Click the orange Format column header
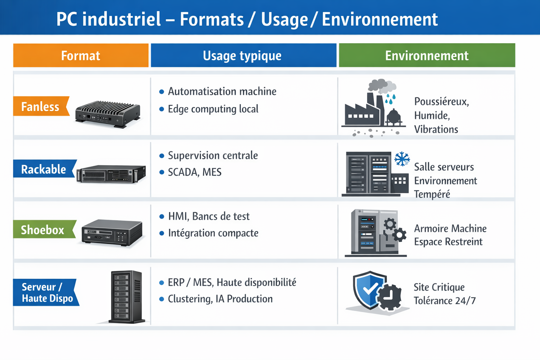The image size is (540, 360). point(81,56)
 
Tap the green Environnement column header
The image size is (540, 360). point(426,56)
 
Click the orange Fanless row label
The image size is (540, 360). point(40,107)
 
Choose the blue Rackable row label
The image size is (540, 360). point(43,169)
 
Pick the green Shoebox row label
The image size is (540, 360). point(43,230)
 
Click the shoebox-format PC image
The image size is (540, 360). point(112,233)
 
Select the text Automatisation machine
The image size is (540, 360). point(222,91)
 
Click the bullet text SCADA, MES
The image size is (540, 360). point(194,172)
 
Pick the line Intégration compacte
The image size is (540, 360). point(213,233)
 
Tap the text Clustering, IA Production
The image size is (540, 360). point(220,299)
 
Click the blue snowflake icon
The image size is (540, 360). point(401,159)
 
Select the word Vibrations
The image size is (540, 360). point(436,129)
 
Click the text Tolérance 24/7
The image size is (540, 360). point(444,301)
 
